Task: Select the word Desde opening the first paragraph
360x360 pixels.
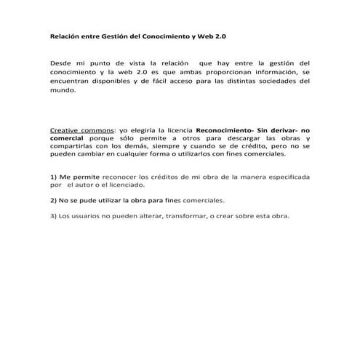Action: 63,63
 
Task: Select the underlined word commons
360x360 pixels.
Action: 97,129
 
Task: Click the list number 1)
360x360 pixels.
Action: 54,177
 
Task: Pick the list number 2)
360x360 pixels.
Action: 54,199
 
